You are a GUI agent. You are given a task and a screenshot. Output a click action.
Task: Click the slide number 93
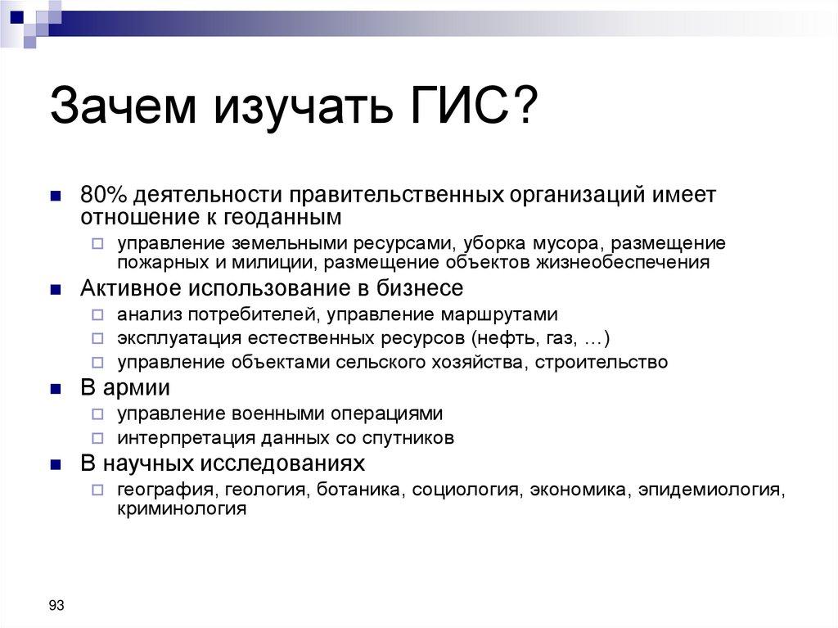pyautogui.click(x=56, y=605)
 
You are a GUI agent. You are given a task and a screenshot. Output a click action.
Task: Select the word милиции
pyautogui.click(x=278, y=263)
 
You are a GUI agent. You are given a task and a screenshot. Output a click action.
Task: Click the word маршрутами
pyautogui.click(x=500, y=314)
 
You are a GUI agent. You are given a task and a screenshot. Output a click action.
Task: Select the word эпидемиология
pyautogui.click(x=710, y=490)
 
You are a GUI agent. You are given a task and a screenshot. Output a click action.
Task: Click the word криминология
pyautogui.click(x=182, y=508)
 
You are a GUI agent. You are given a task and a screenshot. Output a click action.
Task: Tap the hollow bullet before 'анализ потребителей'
pyautogui.click(x=97, y=315)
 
